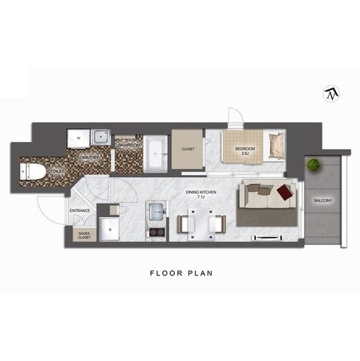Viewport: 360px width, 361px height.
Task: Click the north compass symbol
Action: click(332, 94)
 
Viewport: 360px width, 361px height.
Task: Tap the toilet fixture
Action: click(32, 171)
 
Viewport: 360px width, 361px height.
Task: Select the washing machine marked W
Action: click(78, 139)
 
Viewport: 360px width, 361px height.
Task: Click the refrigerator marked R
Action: click(110, 230)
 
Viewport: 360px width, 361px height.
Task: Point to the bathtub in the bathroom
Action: click(155, 154)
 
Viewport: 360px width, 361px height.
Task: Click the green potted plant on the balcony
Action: click(313, 165)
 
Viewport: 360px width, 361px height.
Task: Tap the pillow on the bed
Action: click(277, 146)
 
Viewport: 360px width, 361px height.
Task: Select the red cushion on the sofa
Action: click(285, 192)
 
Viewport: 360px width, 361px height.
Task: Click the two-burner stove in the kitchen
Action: click(157, 232)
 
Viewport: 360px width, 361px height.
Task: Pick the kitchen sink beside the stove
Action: click(157, 212)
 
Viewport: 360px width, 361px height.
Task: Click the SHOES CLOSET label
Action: click(84, 235)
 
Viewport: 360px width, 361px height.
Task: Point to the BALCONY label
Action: click(323, 201)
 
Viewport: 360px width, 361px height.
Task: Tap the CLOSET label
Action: click(188, 149)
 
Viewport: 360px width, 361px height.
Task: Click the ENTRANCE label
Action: click(80, 210)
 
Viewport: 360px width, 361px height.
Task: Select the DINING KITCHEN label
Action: click(201, 192)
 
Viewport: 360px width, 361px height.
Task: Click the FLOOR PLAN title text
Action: click(181, 273)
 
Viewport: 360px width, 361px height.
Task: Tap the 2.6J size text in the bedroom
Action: click(245, 153)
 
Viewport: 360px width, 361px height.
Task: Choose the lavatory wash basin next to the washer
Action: click(101, 137)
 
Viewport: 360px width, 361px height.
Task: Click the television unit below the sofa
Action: click(268, 237)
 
